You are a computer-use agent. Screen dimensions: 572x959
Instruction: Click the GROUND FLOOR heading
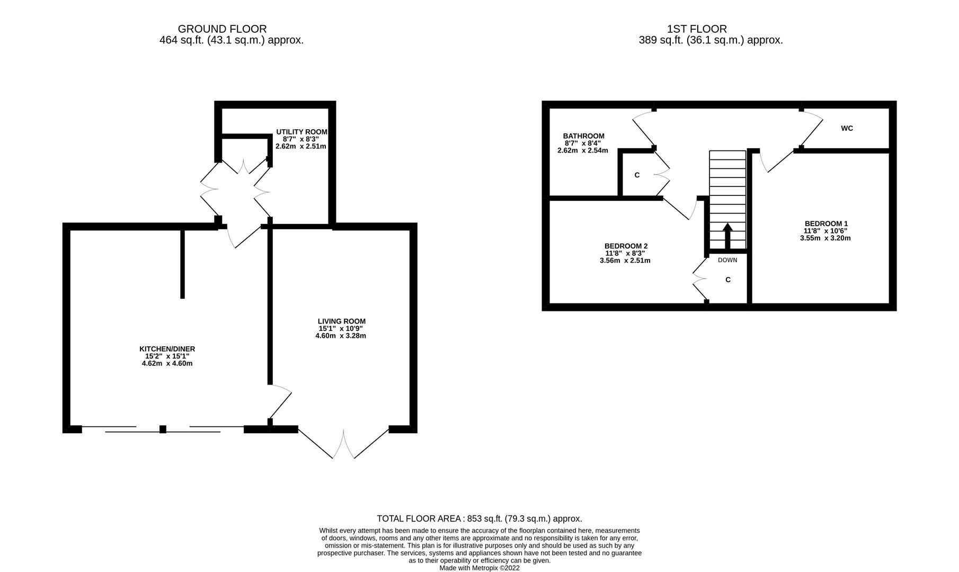tap(222, 29)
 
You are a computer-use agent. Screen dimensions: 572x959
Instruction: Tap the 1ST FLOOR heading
tap(697, 29)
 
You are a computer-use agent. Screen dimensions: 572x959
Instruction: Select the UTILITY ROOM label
tap(301, 132)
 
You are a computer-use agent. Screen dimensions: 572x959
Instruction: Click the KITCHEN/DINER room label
tap(167, 349)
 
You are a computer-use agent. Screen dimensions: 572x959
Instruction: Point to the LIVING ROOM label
tap(341, 321)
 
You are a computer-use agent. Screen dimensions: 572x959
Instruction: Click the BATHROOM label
tap(583, 136)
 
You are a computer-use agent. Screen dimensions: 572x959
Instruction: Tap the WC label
tap(847, 128)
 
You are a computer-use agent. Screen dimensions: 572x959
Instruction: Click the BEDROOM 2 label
tap(626, 246)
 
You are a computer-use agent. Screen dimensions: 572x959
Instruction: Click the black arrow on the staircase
tap(727, 236)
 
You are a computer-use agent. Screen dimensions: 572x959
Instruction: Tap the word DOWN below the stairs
tap(727, 260)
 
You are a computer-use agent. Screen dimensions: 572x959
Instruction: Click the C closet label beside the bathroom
tap(637, 175)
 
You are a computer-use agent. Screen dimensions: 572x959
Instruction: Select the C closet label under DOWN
tap(727, 280)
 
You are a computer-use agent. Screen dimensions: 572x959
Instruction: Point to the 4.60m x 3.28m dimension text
tap(341, 336)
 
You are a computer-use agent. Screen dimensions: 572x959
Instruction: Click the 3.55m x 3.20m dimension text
tap(825, 238)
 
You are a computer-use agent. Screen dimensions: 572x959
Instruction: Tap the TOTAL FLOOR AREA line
tap(479, 519)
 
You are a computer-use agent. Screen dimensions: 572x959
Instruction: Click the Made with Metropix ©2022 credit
tap(479, 568)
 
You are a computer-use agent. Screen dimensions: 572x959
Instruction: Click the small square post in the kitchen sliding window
tap(163, 429)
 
